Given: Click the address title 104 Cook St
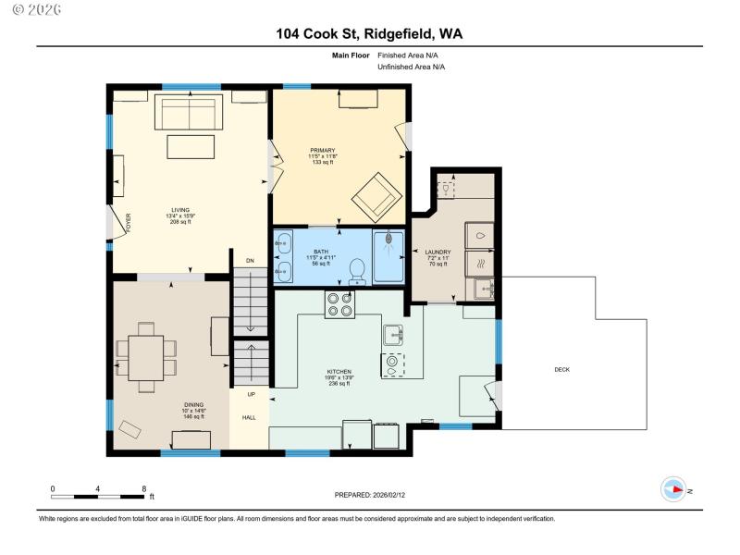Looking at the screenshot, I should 369,34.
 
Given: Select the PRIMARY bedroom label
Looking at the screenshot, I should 323,150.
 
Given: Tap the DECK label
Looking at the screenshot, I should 561,370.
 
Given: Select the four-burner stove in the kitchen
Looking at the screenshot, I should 339,304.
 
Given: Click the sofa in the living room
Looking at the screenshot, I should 190,113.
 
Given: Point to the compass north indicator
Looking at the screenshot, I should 674,489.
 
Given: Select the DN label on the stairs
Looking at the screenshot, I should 249,260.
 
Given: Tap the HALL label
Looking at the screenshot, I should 249,418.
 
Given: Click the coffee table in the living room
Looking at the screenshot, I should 191,147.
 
